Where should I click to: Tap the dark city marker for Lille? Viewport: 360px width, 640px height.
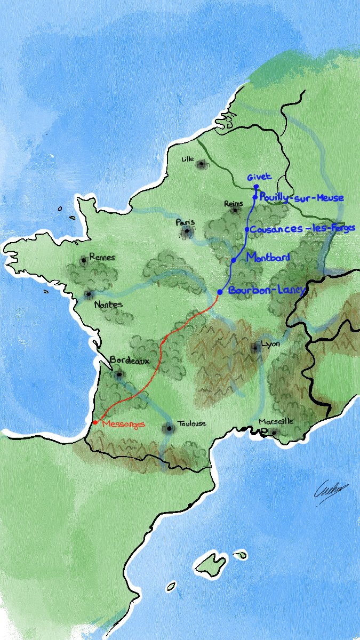click(202, 164)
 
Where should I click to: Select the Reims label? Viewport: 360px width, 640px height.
click(234, 203)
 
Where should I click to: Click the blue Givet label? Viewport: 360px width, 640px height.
click(259, 177)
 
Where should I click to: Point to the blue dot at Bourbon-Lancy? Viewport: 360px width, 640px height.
click(220, 292)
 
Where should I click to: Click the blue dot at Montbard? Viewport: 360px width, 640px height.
click(234, 260)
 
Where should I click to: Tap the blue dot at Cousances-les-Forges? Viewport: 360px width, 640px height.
click(247, 229)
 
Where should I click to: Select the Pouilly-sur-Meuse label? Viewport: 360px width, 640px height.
click(301, 198)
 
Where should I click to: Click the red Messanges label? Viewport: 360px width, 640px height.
click(123, 424)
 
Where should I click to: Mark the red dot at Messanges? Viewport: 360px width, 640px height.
click(95, 422)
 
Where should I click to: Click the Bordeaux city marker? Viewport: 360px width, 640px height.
click(119, 374)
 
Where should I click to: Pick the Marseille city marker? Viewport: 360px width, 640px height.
click(274, 432)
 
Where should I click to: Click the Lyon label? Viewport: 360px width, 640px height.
click(271, 344)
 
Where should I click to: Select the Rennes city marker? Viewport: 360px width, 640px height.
click(84, 260)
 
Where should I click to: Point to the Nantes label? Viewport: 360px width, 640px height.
click(108, 305)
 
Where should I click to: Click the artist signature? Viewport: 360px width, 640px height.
click(332, 488)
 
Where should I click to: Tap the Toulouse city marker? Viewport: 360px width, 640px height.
click(170, 428)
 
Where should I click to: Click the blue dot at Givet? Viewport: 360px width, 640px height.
click(256, 187)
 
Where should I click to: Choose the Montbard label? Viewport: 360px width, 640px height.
click(269, 258)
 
